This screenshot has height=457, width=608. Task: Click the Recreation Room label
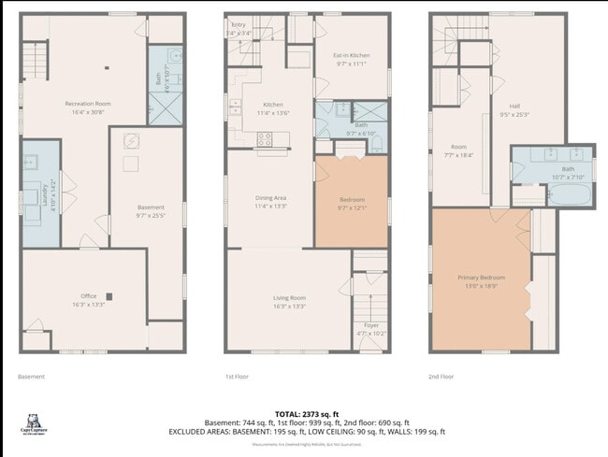(x=88, y=102)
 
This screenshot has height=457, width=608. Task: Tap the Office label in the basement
(x=88, y=294)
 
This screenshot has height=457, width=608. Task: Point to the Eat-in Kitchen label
(x=353, y=56)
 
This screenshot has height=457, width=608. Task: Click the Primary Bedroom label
(x=481, y=278)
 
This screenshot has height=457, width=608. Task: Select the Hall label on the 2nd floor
(x=514, y=106)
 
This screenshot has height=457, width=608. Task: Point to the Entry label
(x=239, y=24)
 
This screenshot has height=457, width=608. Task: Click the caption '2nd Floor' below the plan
(x=441, y=377)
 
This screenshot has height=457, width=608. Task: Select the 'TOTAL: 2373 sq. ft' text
(x=308, y=413)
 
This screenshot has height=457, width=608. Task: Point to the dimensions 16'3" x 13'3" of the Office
(x=88, y=305)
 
